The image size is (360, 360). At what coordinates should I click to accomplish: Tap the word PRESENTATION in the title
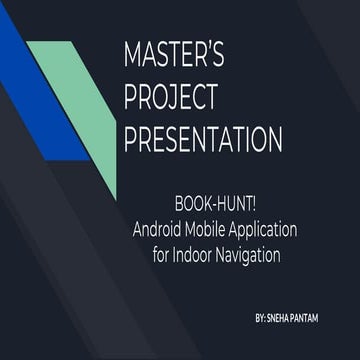tap(202, 137)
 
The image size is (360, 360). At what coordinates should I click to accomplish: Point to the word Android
tap(158, 230)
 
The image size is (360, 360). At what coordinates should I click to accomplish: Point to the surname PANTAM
tap(322, 317)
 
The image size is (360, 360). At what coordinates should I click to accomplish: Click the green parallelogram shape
tap(85, 110)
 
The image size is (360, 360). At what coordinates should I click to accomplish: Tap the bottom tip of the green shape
tap(114, 196)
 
